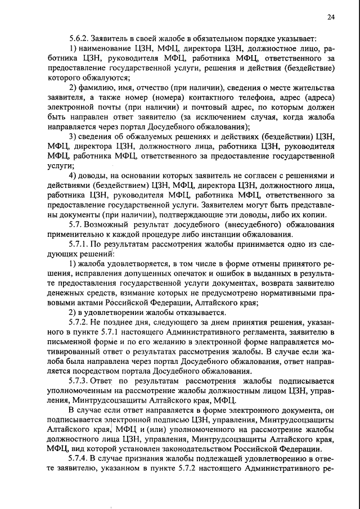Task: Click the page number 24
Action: [x=331, y=17]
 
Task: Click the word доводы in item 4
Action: [x=93, y=174]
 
